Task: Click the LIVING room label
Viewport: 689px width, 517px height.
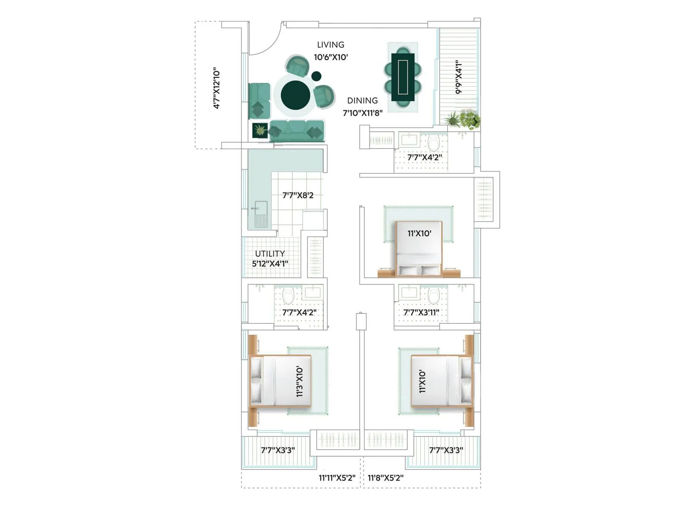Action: tap(330, 45)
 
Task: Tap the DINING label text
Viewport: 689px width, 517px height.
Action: tap(362, 100)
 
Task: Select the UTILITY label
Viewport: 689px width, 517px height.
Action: tap(270, 253)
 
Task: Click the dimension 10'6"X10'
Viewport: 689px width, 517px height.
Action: tap(330, 57)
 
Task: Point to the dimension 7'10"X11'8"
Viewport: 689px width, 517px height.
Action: tap(362, 113)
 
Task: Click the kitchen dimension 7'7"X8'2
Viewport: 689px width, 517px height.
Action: tap(298, 195)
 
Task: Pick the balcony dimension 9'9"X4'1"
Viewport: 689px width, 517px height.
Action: tap(459, 77)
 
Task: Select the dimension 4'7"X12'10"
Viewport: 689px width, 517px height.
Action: tap(217, 88)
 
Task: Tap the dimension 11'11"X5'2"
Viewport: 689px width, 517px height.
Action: tap(337, 477)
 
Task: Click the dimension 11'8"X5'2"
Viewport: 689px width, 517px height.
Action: tap(385, 477)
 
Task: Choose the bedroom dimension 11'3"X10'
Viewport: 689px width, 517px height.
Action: tap(300, 381)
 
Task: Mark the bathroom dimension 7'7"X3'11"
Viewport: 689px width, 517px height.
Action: tap(421, 312)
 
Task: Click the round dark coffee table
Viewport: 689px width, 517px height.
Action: tap(295, 95)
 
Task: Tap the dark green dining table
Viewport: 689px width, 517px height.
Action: tap(403, 77)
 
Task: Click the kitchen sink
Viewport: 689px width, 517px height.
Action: tap(261, 214)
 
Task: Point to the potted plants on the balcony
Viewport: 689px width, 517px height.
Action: tap(464, 119)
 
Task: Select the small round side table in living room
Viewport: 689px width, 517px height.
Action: tap(317, 76)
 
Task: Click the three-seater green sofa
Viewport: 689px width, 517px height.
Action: tap(297, 131)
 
